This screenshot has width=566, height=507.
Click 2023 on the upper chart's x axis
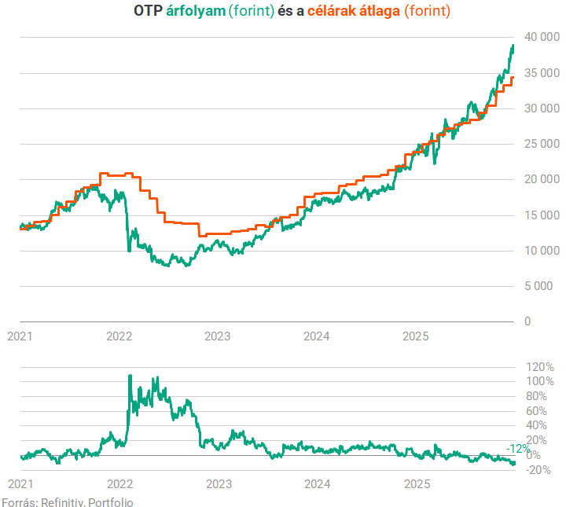tap(218, 336)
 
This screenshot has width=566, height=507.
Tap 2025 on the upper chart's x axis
tap(415, 336)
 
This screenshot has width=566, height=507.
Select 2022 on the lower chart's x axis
tap(119, 484)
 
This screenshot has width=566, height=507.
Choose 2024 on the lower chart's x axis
tap(317, 484)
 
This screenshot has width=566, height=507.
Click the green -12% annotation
tap(517, 448)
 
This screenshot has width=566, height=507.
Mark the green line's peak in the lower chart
tap(130, 376)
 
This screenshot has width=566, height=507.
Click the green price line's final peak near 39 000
tap(513, 46)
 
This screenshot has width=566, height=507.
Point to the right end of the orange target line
tap(513, 77)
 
